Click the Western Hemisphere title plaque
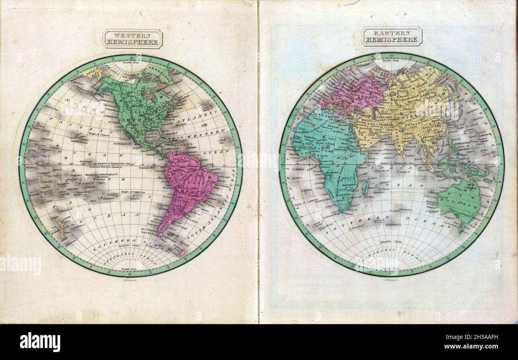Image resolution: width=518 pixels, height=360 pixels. coord(133,39)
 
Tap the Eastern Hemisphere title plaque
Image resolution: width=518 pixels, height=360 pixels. coord(392,36)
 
